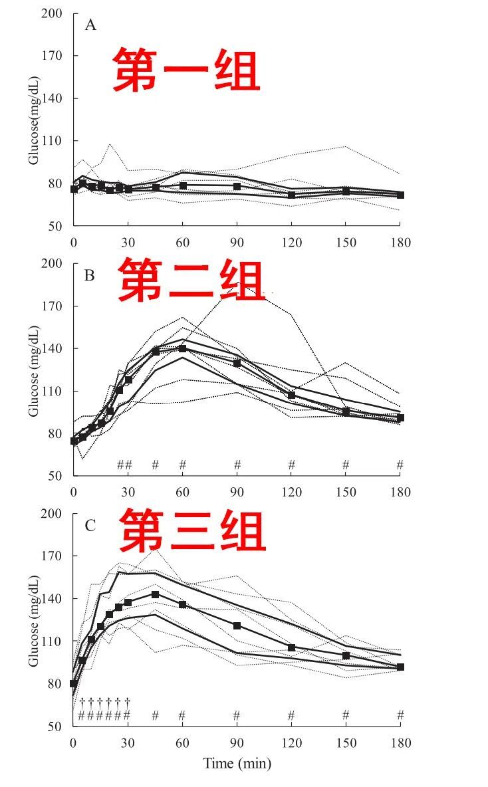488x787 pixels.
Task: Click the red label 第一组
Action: tap(185, 69)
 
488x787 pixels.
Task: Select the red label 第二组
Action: tap(191, 281)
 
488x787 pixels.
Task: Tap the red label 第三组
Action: tap(193, 531)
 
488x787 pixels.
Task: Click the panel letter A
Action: tap(90, 26)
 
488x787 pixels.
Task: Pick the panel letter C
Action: tap(90, 526)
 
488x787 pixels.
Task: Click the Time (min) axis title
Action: tap(237, 763)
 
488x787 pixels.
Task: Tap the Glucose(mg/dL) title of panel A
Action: tap(33, 120)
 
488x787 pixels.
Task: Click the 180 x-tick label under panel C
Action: tap(400, 742)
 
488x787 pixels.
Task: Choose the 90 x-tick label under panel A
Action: tap(237, 242)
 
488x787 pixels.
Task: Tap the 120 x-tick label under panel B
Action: tap(291, 492)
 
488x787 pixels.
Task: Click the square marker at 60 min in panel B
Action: tap(182, 348)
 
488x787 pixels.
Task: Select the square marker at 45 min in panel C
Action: tap(155, 594)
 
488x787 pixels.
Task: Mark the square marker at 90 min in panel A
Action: tap(237, 186)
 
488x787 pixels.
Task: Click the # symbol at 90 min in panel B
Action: tap(237, 465)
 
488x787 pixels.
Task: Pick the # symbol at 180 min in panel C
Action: tap(400, 715)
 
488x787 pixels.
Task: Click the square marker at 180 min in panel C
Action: tap(400, 667)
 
